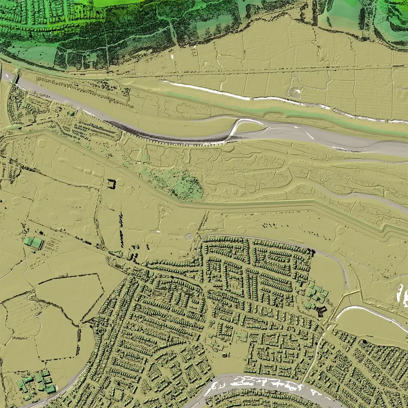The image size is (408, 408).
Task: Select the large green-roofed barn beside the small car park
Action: pos(34,243)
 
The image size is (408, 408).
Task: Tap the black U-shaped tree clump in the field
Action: pos(111,184)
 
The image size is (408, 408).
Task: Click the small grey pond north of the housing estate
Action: pos(189,237)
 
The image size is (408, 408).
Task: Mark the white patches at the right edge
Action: pos(402,295)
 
